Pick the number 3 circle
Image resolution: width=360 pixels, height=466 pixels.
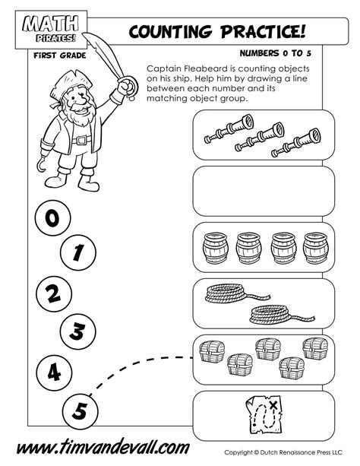pos(77,330)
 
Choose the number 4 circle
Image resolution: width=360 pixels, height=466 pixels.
pos(51,371)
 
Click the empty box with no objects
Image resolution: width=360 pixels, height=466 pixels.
pos(263,192)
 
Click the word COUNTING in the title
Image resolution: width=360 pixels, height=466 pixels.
pos(177,31)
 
